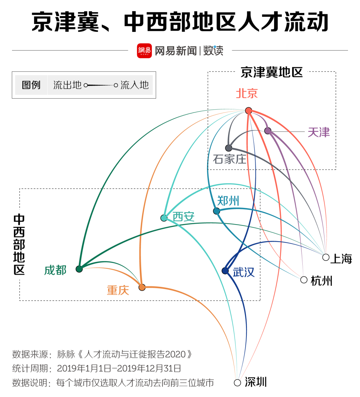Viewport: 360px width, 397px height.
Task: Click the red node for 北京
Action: (x=248, y=111)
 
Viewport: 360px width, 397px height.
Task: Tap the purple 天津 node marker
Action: (x=268, y=131)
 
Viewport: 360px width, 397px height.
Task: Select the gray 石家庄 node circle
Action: (x=229, y=148)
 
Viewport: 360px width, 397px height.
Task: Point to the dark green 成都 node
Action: (x=79, y=269)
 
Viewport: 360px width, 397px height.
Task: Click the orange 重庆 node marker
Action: (x=142, y=287)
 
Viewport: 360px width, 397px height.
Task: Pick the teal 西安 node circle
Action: (x=164, y=218)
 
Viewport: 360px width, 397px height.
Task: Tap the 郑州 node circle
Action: (x=216, y=211)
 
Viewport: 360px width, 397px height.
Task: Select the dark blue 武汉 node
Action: (x=225, y=271)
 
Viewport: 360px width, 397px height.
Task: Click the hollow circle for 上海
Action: (x=326, y=257)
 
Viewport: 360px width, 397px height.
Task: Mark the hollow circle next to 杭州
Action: (x=304, y=280)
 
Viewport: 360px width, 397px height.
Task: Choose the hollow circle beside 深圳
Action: (x=237, y=383)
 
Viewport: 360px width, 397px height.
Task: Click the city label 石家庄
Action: (x=229, y=159)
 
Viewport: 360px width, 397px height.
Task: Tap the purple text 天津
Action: (x=319, y=133)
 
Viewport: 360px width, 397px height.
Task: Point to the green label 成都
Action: (x=55, y=270)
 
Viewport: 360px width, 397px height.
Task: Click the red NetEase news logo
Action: (x=144, y=51)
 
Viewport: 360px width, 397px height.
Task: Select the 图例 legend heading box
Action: (x=31, y=85)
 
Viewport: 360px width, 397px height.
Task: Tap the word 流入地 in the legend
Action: (x=134, y=85)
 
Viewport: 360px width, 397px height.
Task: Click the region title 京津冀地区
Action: (x=271, y=72)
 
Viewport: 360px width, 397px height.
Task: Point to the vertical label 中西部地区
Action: (x=19, y=244)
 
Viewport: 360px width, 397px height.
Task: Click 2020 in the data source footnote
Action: (x=176, y=354)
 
